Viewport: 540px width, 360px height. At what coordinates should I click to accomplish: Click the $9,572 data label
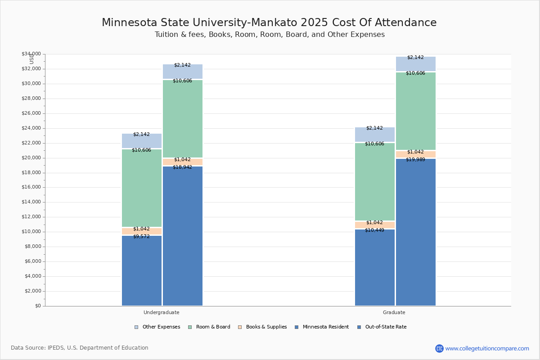(141, 236)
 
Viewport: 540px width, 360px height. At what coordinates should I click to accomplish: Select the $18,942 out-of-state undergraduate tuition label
(182, 167)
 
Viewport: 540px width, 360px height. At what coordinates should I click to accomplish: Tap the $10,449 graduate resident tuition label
(374, 230)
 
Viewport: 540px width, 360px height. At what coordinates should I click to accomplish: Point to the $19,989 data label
(415, 159)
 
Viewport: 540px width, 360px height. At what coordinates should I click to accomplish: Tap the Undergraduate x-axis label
(161, 312)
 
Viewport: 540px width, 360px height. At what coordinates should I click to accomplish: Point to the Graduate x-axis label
(394, 312)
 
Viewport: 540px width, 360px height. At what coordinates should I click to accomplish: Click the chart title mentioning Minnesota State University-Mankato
(269, 22)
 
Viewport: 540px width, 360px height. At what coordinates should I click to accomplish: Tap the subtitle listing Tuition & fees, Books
(270, 35)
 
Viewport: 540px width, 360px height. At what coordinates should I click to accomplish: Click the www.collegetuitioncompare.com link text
(487, 348)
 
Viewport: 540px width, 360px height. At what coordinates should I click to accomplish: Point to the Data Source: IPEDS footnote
(80, 348)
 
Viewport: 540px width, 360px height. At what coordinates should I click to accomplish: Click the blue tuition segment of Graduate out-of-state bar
(415, 234)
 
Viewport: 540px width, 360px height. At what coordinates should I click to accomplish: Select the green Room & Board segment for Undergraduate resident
(141, 189)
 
